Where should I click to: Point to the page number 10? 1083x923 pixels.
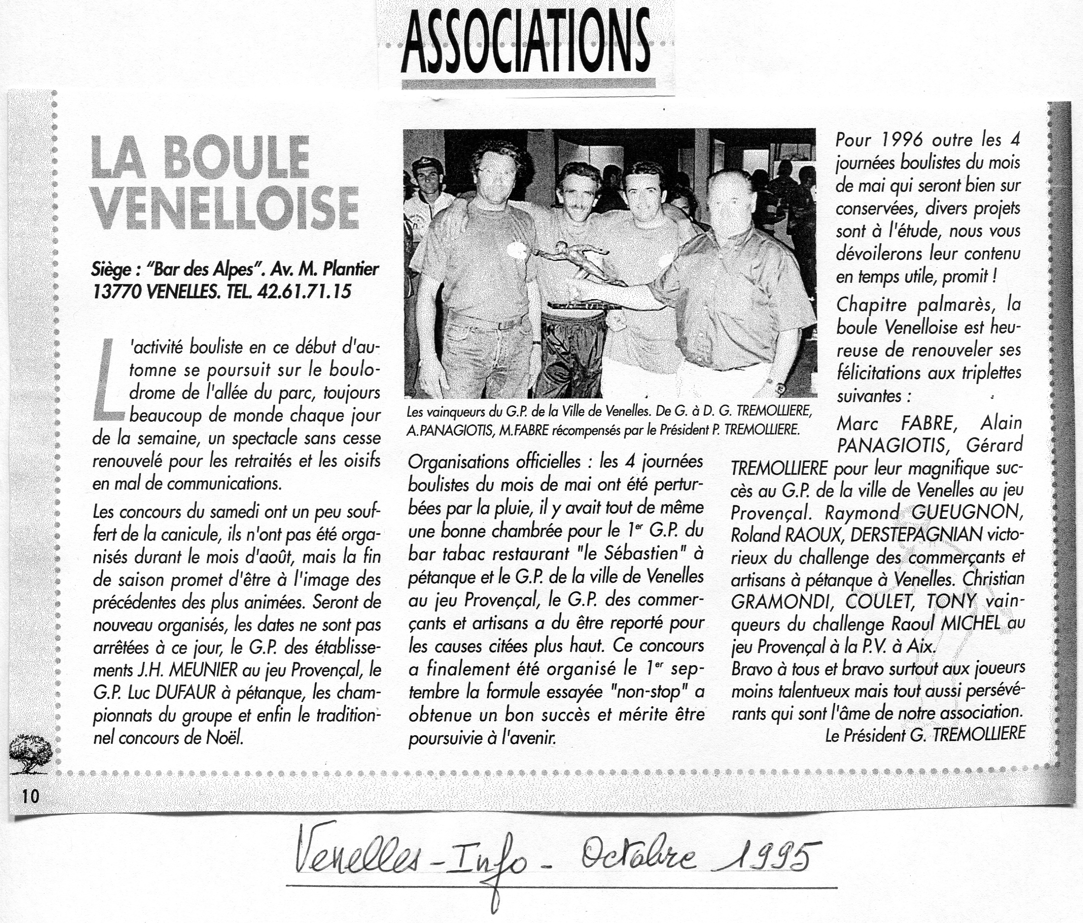tap(30, 796)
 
